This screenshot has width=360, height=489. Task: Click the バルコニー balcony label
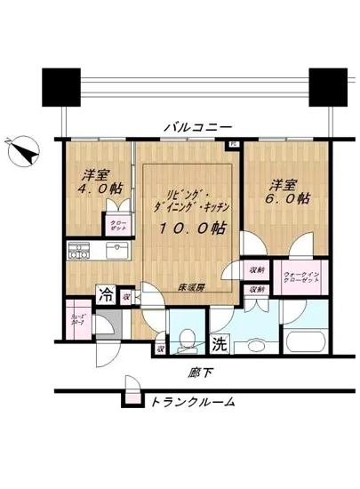point(197,127)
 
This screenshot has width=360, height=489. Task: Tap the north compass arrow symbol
point(22,151)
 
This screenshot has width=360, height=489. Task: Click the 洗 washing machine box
point(218,342)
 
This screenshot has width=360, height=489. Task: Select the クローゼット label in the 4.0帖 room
point(116,225)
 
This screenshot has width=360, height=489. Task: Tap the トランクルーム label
point(193,402)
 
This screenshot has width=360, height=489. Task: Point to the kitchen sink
point(113,253)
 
